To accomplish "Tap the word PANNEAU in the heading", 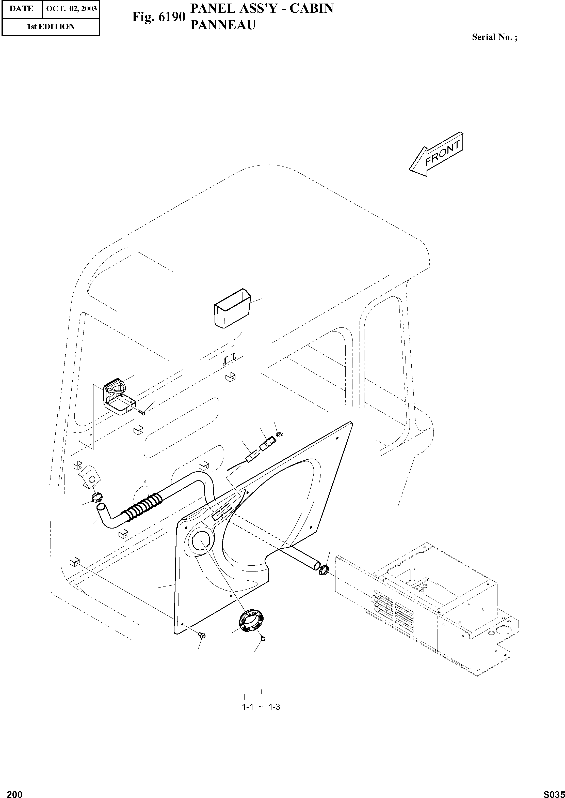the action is [223, 25].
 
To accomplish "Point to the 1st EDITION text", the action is [51, 26].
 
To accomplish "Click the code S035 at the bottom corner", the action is [554, 792].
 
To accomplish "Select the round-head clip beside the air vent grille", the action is [263, 638].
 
